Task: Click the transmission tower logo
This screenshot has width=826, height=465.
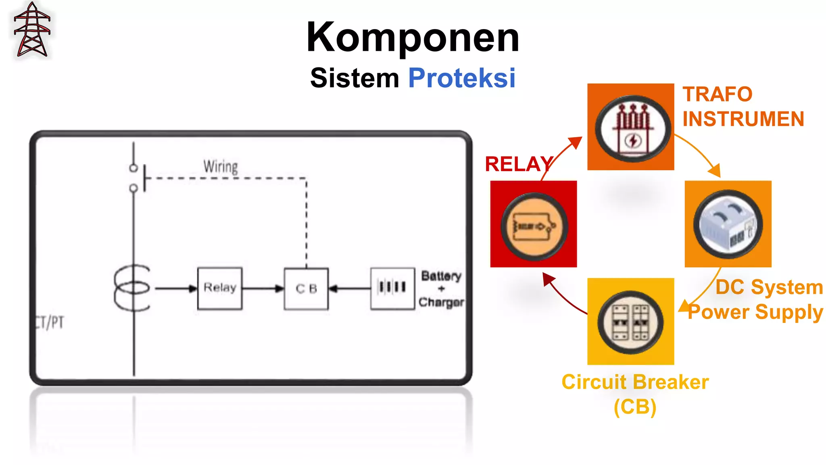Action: coord(32,30)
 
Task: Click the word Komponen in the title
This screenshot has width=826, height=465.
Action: coord(413,37)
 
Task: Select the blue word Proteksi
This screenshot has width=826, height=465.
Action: coord(461,77)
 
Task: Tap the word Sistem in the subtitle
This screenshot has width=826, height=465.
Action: coord(354,77)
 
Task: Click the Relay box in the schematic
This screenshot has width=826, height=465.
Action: coord(220,288)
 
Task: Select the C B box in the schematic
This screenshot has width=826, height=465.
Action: coord(306,289)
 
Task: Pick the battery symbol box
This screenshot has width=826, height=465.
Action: coord(392,288)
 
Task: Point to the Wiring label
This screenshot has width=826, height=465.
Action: coord(221,166)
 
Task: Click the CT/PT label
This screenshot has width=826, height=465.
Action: coord(49,322)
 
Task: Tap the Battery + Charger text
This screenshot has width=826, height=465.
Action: coord(441,289)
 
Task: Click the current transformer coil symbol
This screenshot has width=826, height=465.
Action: coord(132,288)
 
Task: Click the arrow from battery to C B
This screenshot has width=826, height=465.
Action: coord(349,288)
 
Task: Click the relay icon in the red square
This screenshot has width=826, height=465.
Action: coord(534,226)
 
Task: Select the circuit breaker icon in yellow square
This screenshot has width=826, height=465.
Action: coord(630,322)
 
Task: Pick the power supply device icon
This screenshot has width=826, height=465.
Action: coord(728,224)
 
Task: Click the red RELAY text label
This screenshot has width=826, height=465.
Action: coord(518,164)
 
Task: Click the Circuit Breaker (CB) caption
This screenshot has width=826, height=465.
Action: coord(635,394)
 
